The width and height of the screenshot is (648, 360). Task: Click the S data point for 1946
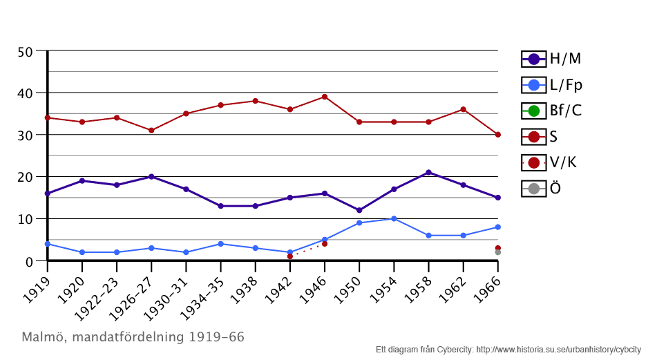(x=325, y=97)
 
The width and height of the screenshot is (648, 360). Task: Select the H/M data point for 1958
(x=428, y=173)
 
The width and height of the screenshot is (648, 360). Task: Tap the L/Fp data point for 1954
(x=394, y=219)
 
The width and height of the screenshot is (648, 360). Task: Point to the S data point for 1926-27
(x=151, y=131)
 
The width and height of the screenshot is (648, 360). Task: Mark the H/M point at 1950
(x=359, y=210)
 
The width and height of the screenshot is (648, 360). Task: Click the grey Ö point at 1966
(x=497, y=252)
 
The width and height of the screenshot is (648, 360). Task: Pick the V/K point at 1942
(x=290, y=256)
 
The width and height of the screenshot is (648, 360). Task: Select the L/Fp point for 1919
(x=48, y=244)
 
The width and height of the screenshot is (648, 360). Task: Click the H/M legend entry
(x=551, y=59)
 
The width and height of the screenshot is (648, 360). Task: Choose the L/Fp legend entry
(x=552, y=85)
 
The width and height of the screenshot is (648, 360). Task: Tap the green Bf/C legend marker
(x=534, y=111)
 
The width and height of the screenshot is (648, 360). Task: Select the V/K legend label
(x=563, y=162)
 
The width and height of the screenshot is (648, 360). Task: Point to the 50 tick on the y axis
(x=25, y=52)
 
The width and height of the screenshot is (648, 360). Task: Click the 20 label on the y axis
(x=25, y=177)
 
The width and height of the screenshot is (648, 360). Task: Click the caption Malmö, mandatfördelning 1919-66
(x=133, y=337)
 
